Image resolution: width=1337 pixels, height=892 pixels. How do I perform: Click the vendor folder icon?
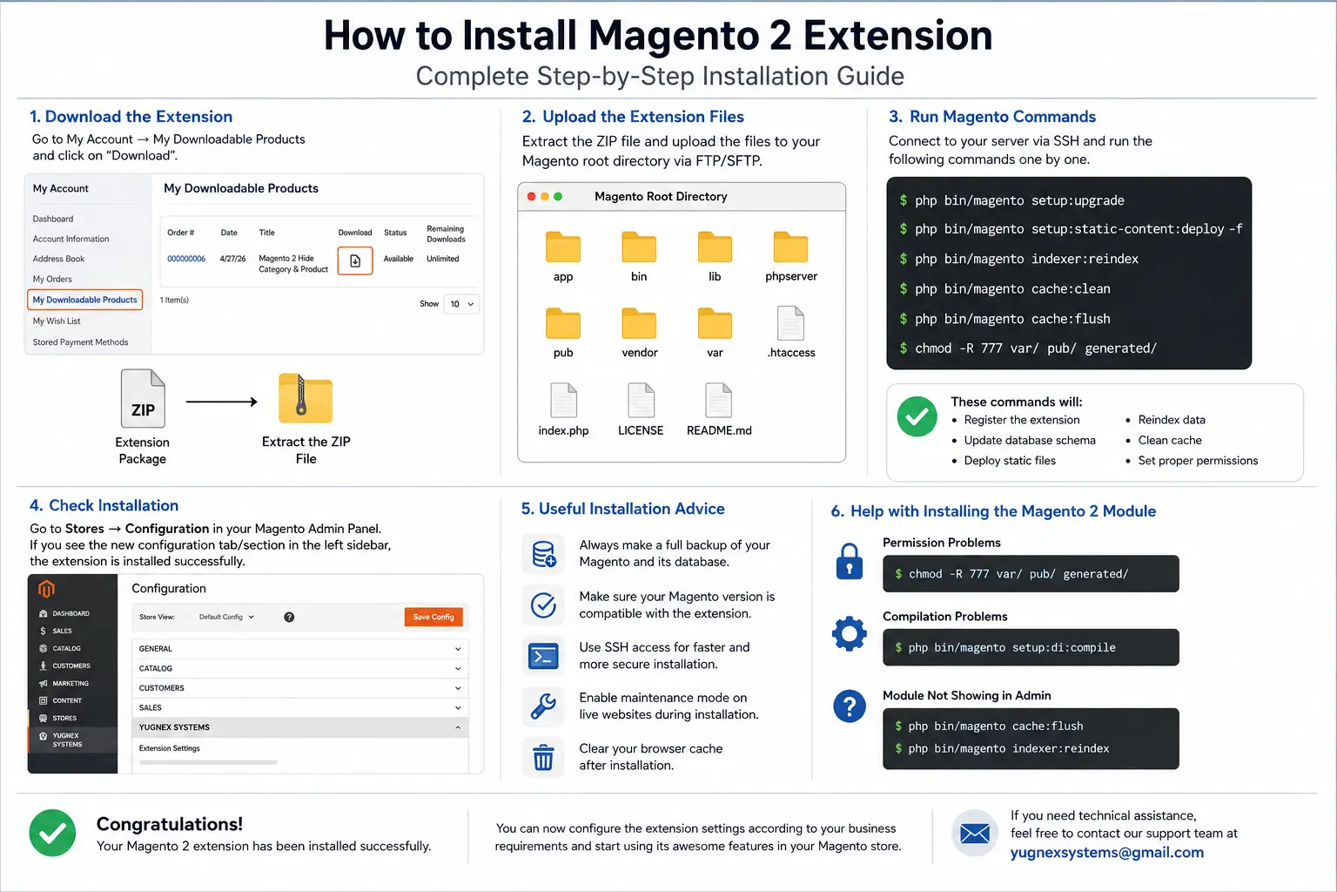pyautogui.click(x=639, y=323)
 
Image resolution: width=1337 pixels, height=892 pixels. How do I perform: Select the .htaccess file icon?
pyautogui.click(x=791, y=323)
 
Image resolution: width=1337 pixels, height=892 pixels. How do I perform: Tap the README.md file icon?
pyautogui.click(x=718, y=400)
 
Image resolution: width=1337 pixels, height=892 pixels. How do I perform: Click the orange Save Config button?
pyautogui.click(x=433, y=617)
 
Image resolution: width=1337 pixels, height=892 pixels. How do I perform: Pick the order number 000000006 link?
pyautogui.click(x=186, y=259)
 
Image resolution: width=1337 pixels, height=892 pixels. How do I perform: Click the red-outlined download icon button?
pyautogui.click(x=355, y=260)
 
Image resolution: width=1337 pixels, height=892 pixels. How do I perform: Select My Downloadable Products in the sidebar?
pyautogui.click(x=84, y=300)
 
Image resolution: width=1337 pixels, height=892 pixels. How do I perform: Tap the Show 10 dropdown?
pyautogui.click(x=461, y=304)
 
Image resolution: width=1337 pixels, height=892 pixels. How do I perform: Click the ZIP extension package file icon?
pyautogui.click(x=143, y=398)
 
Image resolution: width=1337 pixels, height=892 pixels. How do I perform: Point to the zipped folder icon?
pyautogui.click(x=306, y=398)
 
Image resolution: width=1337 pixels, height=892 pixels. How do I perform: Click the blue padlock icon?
pyautogui.click(x=850, y=562)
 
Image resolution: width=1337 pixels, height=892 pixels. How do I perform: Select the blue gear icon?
pyautogui.click(x=850, y=633)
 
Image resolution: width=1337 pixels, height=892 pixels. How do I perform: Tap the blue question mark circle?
pyautogui.click(x=850, y=706)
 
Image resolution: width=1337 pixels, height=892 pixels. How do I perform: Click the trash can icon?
pyautogui.click(x=543, y=758)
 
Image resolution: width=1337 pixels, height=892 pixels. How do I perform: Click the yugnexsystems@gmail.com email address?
pyautogui.click(x=1106, y=853)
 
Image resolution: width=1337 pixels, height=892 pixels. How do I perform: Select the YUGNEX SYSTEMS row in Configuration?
pyautogui.click(x=299, y=727)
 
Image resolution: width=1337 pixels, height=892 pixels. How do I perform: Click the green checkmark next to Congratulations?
pyautogui.click(x=52, y=833)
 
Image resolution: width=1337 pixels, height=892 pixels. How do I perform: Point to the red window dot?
pyautogui.click(x=531, y=197)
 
